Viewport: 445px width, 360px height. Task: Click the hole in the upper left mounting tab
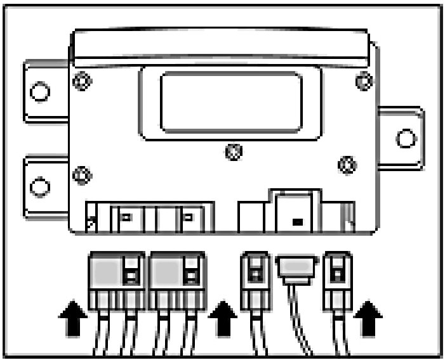[39, 93]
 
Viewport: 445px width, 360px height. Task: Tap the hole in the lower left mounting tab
[39, 186]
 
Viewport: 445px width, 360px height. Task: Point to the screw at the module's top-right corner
[362, 81]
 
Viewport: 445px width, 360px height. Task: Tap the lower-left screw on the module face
[81, 173]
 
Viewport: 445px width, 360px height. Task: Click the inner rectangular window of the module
[230, 101]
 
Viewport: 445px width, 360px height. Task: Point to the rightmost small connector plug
[337, 276]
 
